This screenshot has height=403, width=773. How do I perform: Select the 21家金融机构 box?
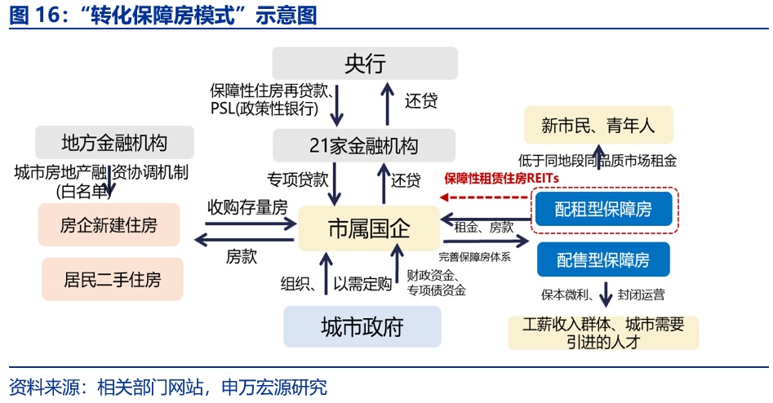[x=364, y=145]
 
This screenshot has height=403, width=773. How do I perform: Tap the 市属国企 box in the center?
[x=368, y=228]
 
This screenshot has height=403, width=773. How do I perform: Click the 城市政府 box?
[x=362, y=327]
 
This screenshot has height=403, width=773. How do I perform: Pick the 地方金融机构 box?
[x=114, y=143]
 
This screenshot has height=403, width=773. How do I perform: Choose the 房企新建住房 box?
[x=109, y=225]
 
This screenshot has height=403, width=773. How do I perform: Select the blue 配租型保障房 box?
[x=603, y=209]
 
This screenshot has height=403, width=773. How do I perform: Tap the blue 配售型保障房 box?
[x=603, y=260]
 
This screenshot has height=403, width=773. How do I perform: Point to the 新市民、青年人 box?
[x=598, y=126]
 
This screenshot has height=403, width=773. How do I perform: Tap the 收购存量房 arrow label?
[x=247, y=206]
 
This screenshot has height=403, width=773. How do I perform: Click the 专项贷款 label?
[x=298, y=178]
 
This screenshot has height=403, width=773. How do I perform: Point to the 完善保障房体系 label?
[x=483, y=256]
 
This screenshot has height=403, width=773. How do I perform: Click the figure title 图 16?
[x=163, y=15]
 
